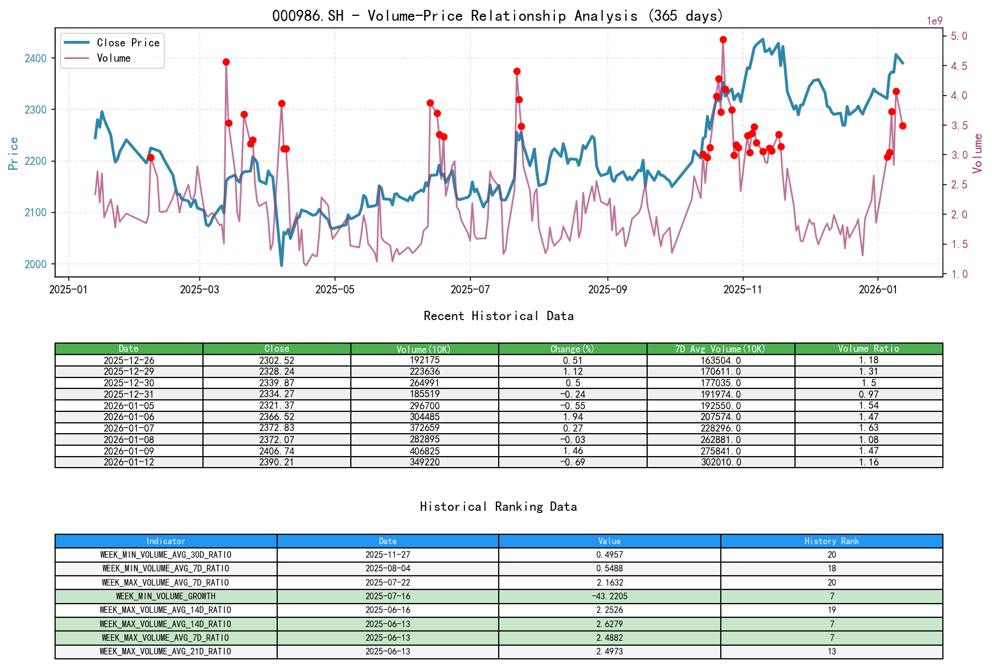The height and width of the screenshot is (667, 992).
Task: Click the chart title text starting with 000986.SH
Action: [x=498, y=16]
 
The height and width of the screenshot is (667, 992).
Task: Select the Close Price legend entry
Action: [x=128, y=43]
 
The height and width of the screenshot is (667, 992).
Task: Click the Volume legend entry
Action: [x=113, y=58]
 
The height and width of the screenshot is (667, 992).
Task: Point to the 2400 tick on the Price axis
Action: [x=35, y=58]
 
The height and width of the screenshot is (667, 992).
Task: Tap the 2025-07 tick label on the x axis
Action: [x=470, y=290]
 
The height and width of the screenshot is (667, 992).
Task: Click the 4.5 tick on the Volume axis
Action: [x=959, y=66]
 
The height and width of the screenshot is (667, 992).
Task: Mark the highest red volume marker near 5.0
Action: [x=723, y=39]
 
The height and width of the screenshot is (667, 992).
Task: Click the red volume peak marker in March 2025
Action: [x=226, y=62]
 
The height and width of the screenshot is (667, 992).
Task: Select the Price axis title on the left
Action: [x=14, y=153]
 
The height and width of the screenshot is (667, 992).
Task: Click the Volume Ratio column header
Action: [x=868, y=349]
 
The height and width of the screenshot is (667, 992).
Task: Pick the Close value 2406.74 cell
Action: [x=277, y=451]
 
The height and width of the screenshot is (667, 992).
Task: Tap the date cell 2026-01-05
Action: [x=129, y=405]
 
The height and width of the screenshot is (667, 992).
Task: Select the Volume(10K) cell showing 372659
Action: [x=425, y=428]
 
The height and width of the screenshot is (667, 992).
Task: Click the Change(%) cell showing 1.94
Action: [x=572, y=417]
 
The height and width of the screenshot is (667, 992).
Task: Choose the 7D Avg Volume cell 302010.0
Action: [x=720, y=462]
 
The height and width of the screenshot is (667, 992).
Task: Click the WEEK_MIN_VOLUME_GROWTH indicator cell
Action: [x=166, y=596]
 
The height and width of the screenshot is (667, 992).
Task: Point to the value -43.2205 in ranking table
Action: [x=609, y=596]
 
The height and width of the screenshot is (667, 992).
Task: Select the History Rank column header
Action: [x=831, y=541]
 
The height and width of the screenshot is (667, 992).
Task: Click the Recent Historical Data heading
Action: [x=498, y=316]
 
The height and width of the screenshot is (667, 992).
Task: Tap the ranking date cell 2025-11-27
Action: [x=387, y=554]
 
